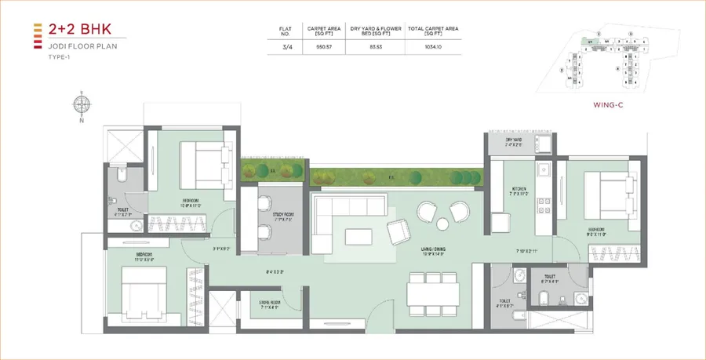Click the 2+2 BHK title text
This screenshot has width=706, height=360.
71,30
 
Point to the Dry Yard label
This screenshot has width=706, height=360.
514,141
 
